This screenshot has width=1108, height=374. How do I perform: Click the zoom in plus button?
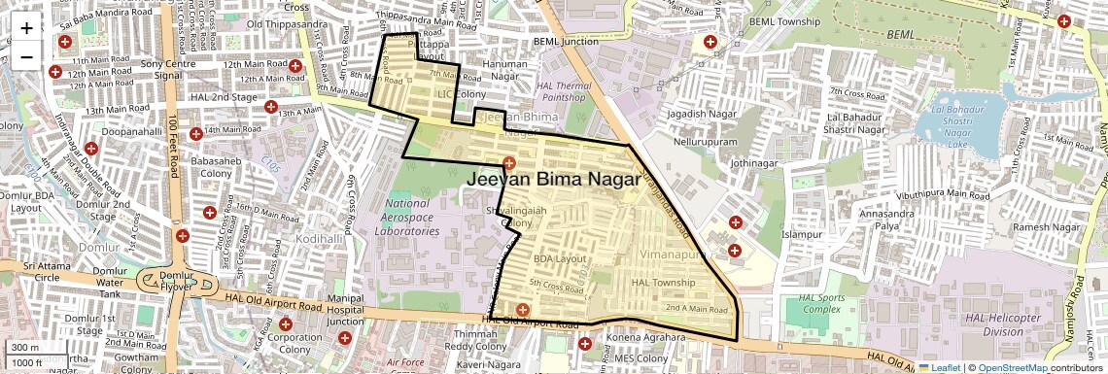pos(26,27)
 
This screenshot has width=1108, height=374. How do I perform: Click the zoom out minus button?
pos(26,56)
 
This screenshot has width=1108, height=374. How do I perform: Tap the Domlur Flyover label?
pos(162,281)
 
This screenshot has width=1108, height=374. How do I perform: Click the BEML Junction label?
pos(566,42)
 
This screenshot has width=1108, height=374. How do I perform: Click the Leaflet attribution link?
pos(940,368)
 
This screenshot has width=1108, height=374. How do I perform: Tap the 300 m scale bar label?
pos(25,348)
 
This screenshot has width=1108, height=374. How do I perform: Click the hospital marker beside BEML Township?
pos(710,43)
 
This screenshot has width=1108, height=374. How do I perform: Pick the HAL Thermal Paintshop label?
pos(564,91)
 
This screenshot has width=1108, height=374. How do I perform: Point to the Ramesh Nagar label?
pos(1046,227)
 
